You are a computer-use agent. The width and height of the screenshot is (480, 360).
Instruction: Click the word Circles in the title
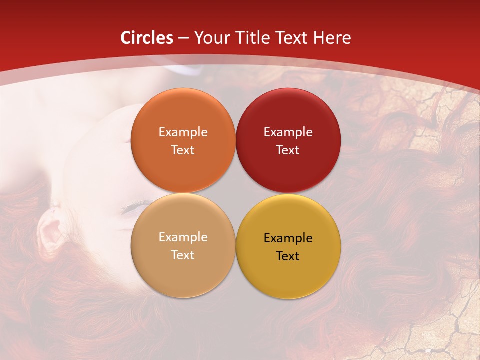tap(147, 38)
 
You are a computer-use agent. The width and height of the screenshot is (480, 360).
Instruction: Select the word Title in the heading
tap(254, 38)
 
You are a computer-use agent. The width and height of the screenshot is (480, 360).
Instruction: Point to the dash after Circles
tap(183, 38)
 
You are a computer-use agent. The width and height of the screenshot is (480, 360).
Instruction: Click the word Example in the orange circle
tap(183, 132)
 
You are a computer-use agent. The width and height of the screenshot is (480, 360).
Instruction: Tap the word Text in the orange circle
tap(183, 150)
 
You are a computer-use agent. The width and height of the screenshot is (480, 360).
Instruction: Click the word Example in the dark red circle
tap(288, 132)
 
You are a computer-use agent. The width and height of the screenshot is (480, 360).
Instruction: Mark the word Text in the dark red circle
tap(288, 150)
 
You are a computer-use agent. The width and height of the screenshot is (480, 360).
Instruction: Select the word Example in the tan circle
tap(183, 237)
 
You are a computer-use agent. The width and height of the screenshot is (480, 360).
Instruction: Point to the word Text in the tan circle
tap(183, 255)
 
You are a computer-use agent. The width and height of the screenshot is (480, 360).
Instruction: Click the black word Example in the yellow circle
tap(288, 238)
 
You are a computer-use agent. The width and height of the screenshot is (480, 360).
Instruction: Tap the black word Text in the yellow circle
tap(288, 256)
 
